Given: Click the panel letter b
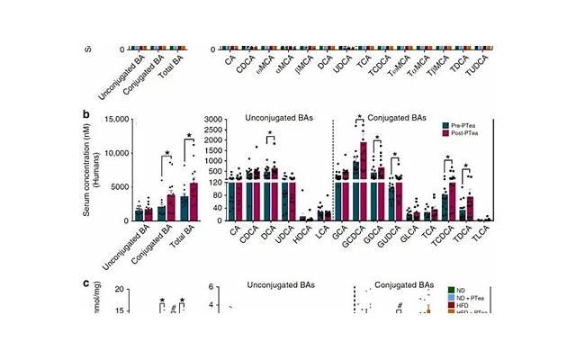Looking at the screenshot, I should pyautogui.click(x=86, y=115).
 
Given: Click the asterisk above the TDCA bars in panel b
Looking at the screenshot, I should pyautogui.click(x=465, y=166).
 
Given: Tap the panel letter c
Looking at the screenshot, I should pyautogui.click(x=86, y=283).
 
